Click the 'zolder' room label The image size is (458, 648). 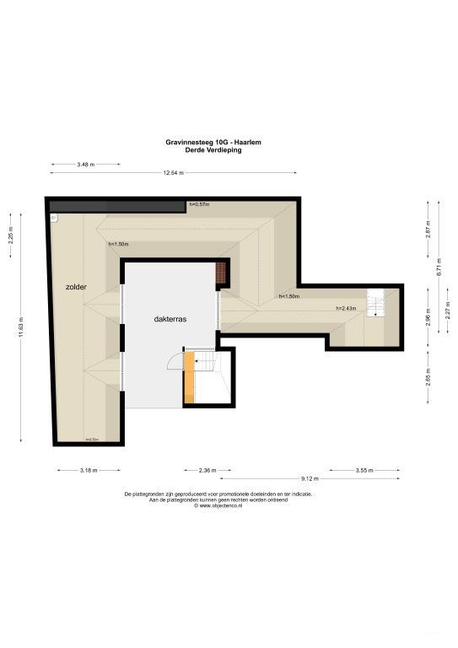(x=76, y=288)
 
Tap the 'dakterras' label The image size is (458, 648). (x=170, y=320)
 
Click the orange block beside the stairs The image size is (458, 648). (x=190, y=376)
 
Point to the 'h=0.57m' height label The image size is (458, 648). (x=199, y=205)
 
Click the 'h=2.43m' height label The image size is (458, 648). (x=346, y=308)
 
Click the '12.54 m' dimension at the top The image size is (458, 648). (x=173, y=173)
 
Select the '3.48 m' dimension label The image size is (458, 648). (x=84, y=164)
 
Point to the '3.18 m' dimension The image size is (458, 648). (x=89, y=470)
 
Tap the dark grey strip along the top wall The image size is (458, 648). (x=117, y=206)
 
